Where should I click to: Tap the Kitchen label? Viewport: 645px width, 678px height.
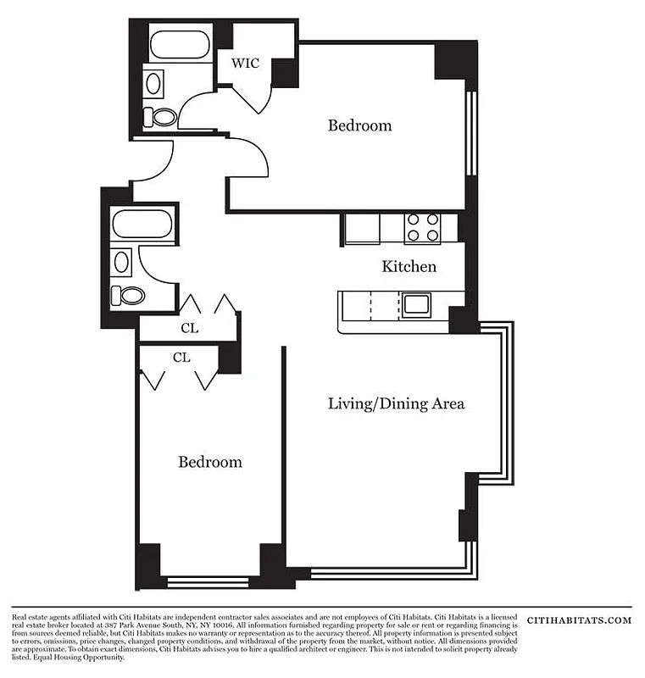409,267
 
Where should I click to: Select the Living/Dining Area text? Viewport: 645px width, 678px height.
396,403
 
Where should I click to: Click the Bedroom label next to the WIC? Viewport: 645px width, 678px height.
359,125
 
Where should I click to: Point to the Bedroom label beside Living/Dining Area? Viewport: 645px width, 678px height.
209,462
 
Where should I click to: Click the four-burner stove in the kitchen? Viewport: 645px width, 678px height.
422,227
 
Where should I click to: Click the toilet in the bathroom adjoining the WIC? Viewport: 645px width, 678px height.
161,117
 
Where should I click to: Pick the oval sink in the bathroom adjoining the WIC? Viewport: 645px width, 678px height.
154,83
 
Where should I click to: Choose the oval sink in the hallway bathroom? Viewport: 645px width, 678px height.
122,261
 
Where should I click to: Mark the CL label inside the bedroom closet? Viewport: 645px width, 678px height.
181,358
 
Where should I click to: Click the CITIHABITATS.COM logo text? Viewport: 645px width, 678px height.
579,620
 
